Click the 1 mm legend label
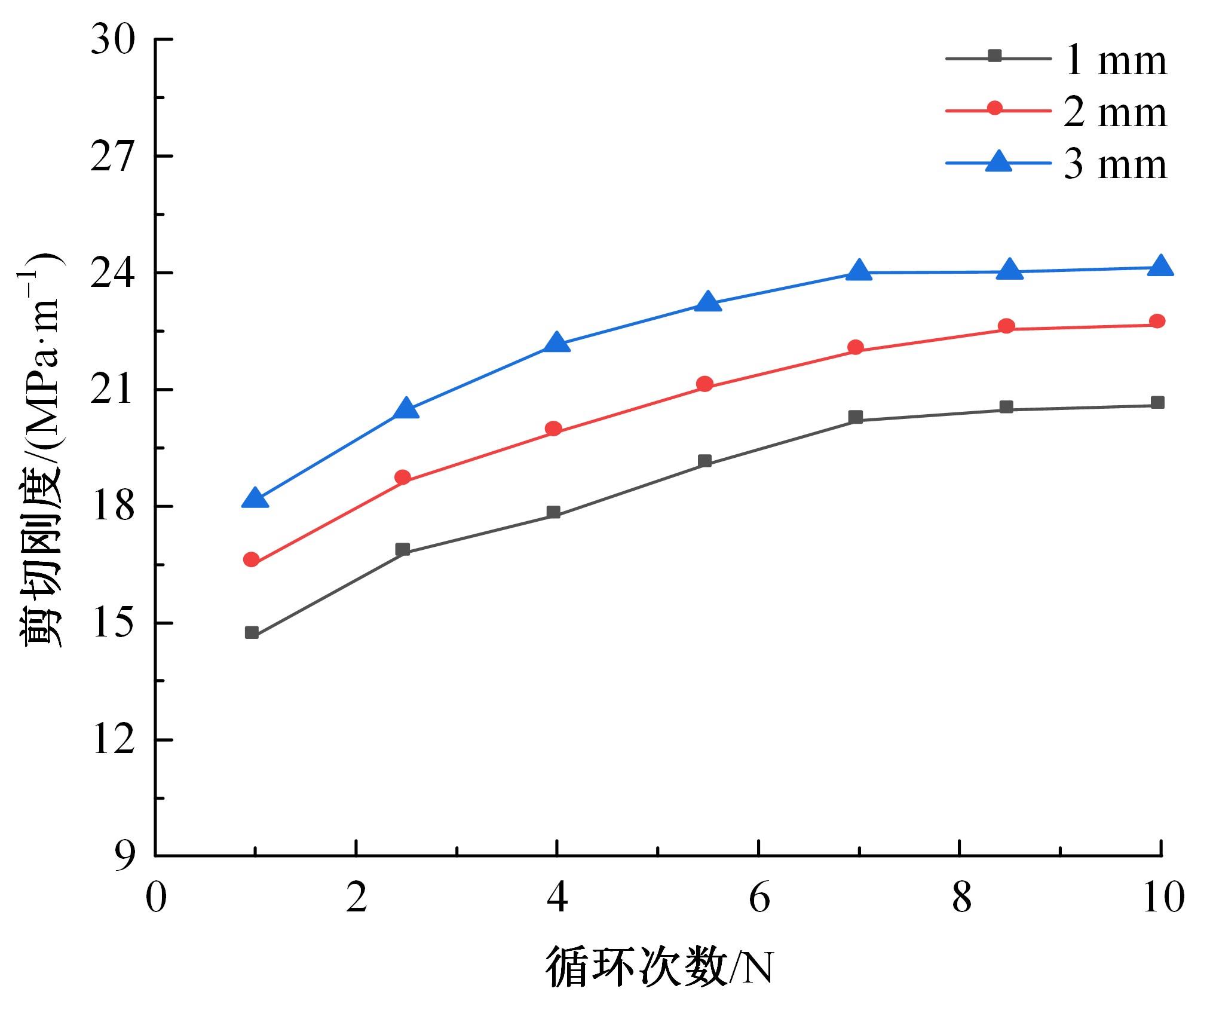[1115, 60]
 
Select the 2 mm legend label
[1115, 112]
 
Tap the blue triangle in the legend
[998, 161]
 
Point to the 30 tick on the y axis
[113, 41]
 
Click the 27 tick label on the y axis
[113, 157]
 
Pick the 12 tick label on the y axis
[113, 740]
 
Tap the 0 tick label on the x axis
[156, 898]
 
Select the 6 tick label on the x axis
[759, 898]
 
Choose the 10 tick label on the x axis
[1162, 898]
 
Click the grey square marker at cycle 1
[252, 633]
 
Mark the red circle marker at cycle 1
[252, 560]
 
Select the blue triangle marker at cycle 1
[255, 498]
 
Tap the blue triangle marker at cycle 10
[1161, 265]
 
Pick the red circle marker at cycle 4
[554, 429]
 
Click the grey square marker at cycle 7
[856, 417]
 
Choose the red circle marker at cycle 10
[1157, 322]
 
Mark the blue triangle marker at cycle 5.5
[709, 302]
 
